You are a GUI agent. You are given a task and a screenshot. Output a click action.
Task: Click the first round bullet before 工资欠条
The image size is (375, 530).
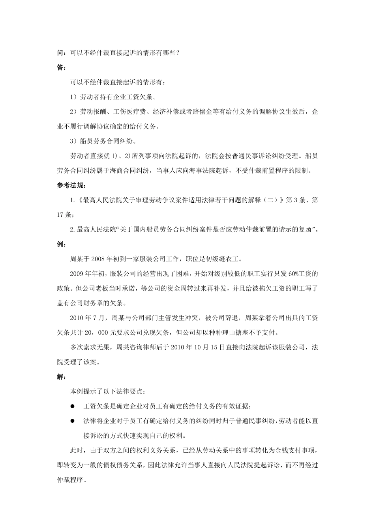[72, 407]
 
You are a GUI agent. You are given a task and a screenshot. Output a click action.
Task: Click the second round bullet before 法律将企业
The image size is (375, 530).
[72, 421]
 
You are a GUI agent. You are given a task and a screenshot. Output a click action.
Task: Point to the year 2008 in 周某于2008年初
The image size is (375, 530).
[98, 259]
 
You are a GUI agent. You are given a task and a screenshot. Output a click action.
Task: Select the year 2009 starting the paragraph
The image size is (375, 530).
[77, 274]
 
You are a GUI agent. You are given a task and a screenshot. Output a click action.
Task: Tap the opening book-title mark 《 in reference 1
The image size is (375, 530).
[79, 200]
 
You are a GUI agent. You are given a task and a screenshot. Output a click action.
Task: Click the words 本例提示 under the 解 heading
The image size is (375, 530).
[83, 392]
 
